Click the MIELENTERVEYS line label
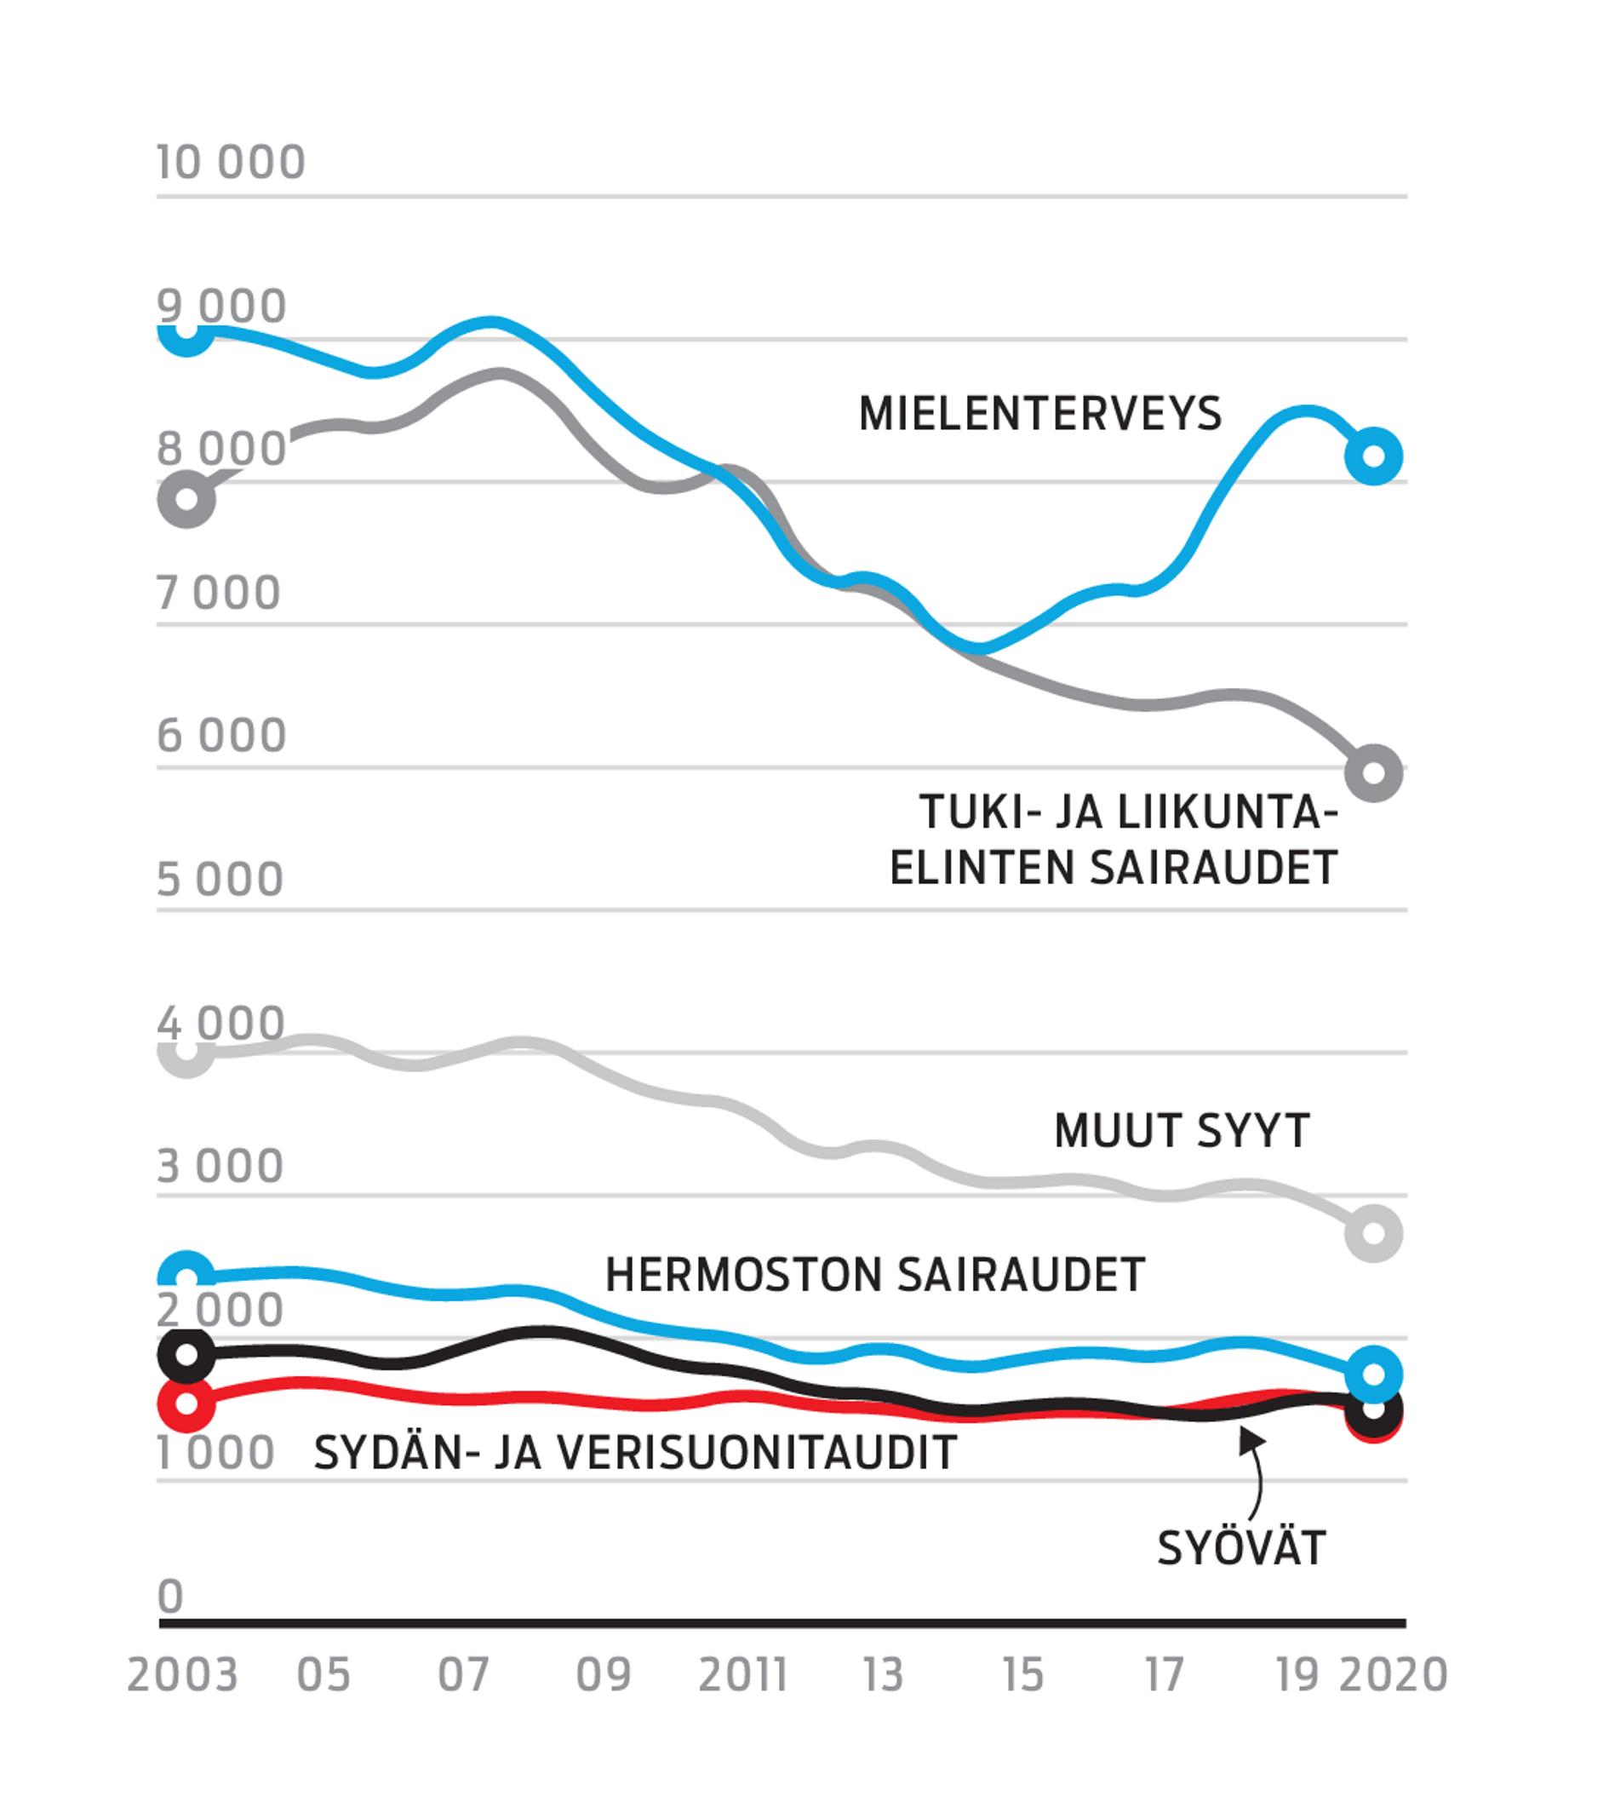tap(1039, 414)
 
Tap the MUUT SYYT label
tap(1182, 1131)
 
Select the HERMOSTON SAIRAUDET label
tap(875, 1275)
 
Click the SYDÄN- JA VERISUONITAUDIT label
tap(636, 1453)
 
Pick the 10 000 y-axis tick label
tap(231, 163)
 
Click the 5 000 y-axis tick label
tap(220, 880)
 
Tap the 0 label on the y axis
tap(170, 1597)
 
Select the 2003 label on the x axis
tap(183, 1676)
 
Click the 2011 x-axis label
tap(742, 1676)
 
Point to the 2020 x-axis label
tap(1394, 1676)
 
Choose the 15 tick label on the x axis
tap(1023, 1676)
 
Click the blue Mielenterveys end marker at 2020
tap(1374, 456)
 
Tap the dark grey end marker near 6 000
tap(1373, 772)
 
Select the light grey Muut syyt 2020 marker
tap(1373, 1232)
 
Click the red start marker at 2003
tap(186, 1403)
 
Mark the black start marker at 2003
tap(186, 1355)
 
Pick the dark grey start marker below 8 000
tap(186, 499)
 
